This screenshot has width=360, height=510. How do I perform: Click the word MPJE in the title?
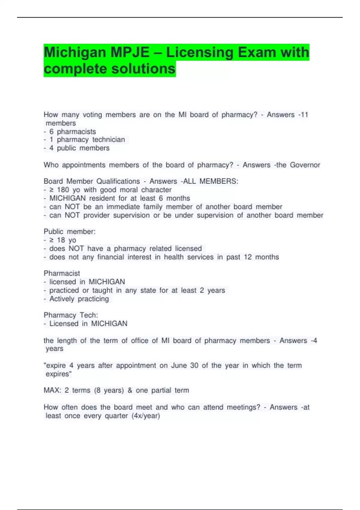[x=130, y=52]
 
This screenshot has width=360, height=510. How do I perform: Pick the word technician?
[x=109, y=139]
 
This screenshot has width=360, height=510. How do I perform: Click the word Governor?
[x=305, y=165]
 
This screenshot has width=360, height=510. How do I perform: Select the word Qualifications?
[x=118, y=181]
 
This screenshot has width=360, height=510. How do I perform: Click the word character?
[x=156, y=190]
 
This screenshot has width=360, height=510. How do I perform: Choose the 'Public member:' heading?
[x=70, y=232]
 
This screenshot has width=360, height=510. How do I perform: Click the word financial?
[x=110, y=257]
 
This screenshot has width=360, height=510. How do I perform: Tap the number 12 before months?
[x=248, y=257]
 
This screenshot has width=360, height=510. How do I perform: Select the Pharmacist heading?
[x=62, y=273]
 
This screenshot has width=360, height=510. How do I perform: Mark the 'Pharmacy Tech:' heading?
[x=71, y=315]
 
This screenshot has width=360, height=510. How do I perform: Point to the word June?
[x=179, y=365]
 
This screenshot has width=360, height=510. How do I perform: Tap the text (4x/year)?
[x=146, y=416]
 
